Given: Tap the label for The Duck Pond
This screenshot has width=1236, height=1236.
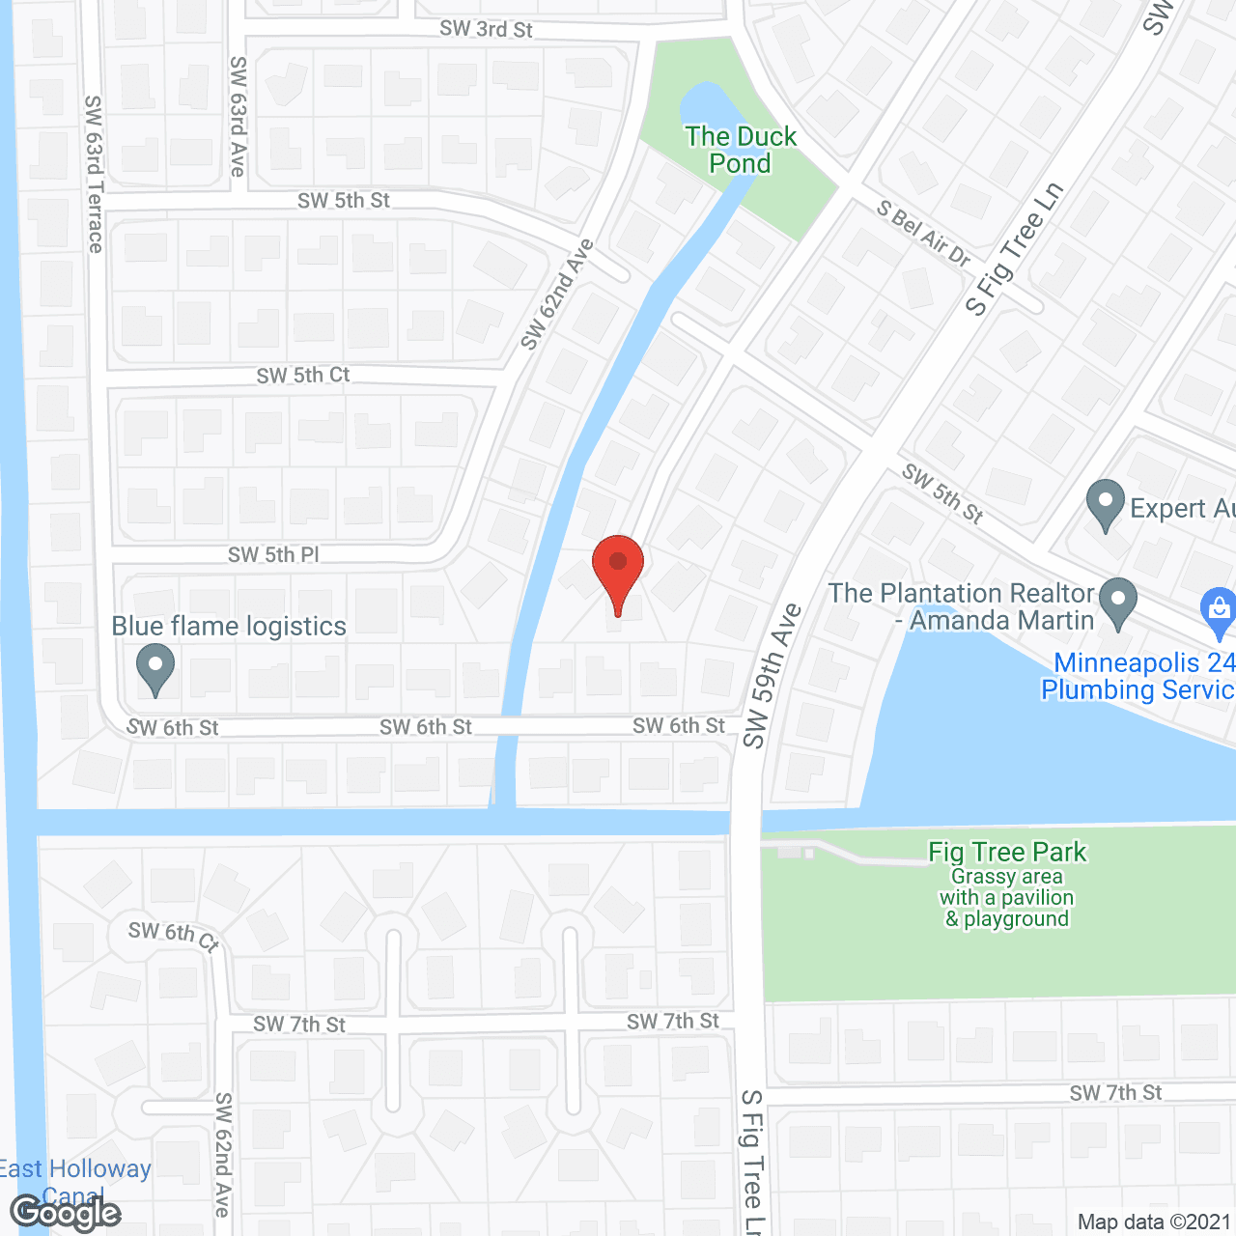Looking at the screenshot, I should [x=741, y=150].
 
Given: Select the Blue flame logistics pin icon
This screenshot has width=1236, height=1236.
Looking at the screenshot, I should [x=154, y=668].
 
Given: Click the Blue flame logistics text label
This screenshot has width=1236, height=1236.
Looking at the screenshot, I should [x=229, y=626].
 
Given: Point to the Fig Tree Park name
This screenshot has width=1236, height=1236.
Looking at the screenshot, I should [x=1007, y=852].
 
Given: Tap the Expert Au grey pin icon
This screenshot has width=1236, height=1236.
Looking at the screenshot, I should [x=1105, y=505].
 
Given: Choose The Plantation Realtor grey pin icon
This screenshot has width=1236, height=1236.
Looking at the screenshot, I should [x=1118, y=603].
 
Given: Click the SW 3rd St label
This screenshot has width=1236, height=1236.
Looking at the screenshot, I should [x=486, y=29].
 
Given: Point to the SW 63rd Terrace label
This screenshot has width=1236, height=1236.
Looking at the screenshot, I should [x=94, y=174].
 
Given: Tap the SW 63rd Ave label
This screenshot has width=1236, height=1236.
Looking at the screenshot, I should [x=238, y=116].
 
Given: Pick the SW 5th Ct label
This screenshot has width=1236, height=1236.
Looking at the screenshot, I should [x=303, y=375].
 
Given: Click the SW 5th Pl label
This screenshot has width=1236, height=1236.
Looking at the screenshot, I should [x=273, y=554].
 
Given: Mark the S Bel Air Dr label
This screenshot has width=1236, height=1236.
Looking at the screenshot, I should [x=923, y=233].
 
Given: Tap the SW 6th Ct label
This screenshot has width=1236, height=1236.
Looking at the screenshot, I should [x=174, y=934].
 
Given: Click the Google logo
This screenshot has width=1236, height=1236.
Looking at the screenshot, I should [x=65, y=1213].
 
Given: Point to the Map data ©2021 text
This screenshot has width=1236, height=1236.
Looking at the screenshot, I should [x=1154, y=1222].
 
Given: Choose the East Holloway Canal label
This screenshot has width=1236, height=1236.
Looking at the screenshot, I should [x=75, y=1180].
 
